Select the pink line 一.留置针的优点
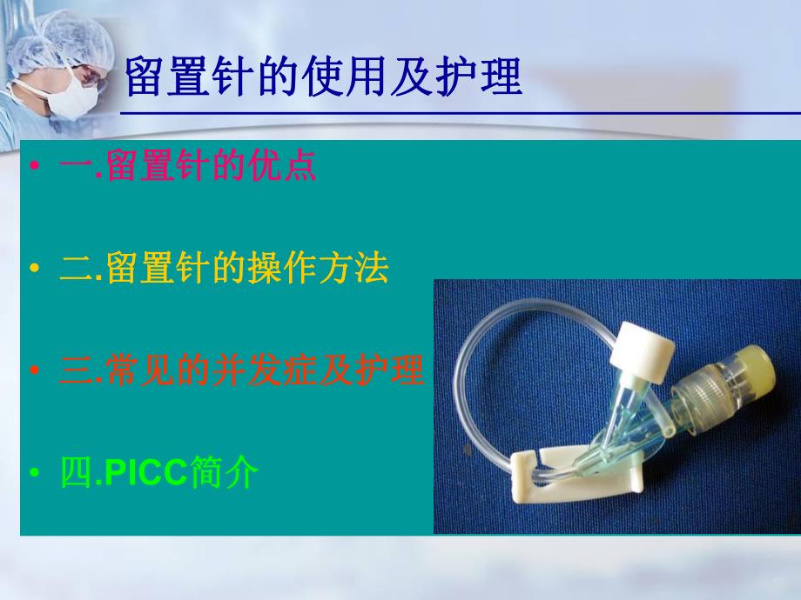point(187,165)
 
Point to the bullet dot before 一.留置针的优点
point(34,166)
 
